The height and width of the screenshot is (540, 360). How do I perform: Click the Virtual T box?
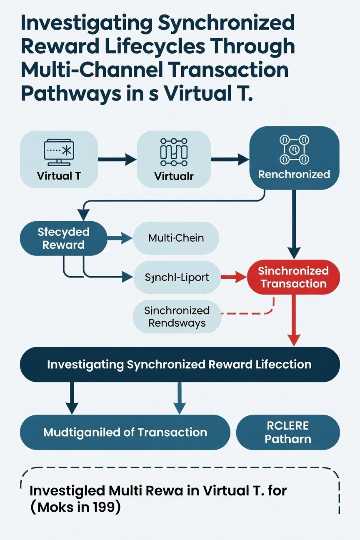[x=59, y=159]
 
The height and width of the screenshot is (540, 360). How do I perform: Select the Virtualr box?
[x=174, y=159]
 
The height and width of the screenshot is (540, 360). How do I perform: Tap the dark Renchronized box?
[x=294, y=158]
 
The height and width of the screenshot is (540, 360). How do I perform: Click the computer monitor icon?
[x=59, y=152]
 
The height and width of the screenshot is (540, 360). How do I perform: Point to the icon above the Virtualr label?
[x=174, y=152]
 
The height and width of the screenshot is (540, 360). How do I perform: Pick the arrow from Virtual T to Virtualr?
[x=117, y=159]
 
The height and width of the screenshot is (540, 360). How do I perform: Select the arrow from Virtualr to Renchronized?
[x=230, y=159]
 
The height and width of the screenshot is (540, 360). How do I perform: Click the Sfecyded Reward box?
[x=64, y=238]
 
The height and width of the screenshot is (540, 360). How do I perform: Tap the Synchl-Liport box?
[x=177, y=277]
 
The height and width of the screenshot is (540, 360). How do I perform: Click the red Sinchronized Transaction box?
[x=293, y=277]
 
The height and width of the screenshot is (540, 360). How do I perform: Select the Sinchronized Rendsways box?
[x=177, y=317]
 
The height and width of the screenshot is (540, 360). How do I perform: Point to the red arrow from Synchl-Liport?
[x=234, y=277]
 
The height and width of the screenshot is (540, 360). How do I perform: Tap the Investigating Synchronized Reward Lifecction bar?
[x=180, y=364]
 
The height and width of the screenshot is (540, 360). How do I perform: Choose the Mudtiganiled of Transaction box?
[x=125, y=432]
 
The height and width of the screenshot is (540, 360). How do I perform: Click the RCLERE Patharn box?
[x=288, y=432]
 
